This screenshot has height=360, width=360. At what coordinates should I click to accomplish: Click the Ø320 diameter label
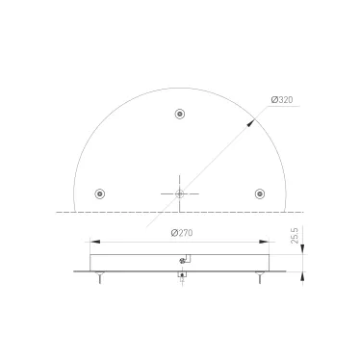(283, 99)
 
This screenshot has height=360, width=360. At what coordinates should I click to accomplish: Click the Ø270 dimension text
(182, 232)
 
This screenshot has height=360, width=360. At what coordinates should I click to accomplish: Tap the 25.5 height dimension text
(293, 233)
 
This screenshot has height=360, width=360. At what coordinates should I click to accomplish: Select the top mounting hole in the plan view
(180, 115)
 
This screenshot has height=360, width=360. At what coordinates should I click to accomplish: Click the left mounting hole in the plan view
(101, 193)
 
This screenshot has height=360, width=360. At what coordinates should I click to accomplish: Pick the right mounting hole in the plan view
(259, 193)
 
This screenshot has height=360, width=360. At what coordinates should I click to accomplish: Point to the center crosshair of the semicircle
(180, 193)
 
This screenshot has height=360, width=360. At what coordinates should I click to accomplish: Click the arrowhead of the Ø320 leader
(253, 119)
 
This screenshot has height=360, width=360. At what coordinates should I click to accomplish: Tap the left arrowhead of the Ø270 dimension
(91, 241)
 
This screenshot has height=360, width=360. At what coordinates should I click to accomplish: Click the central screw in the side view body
(183, 261)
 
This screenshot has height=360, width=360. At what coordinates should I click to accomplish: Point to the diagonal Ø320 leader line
(217, 156)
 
